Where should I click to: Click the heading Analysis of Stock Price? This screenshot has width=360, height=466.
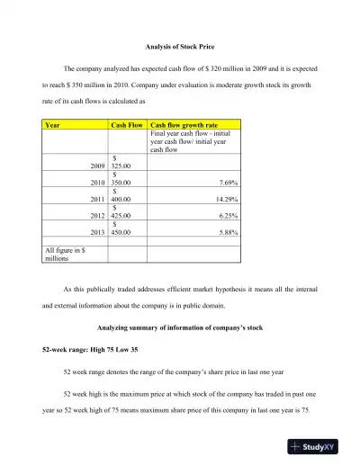click(x=179, y=46)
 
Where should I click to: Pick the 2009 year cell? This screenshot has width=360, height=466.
click(x=98, y=166)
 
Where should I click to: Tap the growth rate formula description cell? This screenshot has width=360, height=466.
click(x=192, y=141)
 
